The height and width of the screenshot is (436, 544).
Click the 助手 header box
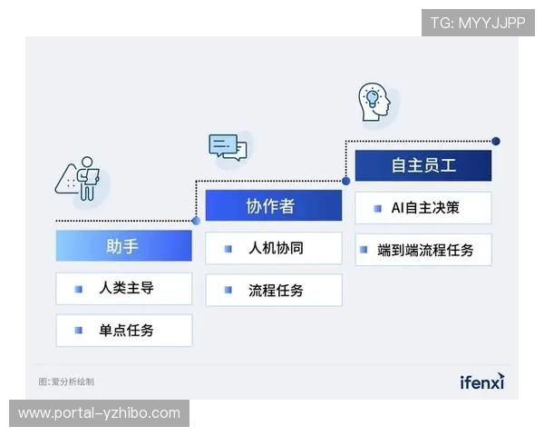pyautogui.click(x=123, y=245)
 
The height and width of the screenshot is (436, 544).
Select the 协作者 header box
pyautogui.click(x=273, y=206)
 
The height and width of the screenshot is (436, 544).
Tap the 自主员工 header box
pyautogui.click(x=423, y=165)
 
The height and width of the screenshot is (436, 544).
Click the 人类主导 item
pyautogui.click(x=123, y=289)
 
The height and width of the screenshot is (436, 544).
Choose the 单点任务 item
pyautogui.click(x=123, y=331)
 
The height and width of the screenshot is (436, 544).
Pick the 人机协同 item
pyautogui.click(x=273, y=248)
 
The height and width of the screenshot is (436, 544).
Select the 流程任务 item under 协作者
pyautogui.click(x=273, y=291)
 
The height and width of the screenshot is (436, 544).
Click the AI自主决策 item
pyautogui.click(x=423, y=208)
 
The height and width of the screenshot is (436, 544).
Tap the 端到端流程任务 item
pyautogui.click(x=423, y=250)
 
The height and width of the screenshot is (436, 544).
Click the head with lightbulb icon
pyautogui.click(x=373, y=102)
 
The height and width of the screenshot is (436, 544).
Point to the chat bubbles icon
pyautogui.click(x=227, y=147)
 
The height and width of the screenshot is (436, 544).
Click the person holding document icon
pyautogui.click(x=81, y=179)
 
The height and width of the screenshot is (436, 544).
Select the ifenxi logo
pyautogui.click(x=481, y=381)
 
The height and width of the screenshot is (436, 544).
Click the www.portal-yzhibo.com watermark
pyautogui.click(x=100, y=413)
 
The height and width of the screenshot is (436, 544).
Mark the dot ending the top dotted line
pyautogui.click(x=496, y=141)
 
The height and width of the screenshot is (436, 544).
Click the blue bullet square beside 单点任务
pyautogui.click(x=79, y=331)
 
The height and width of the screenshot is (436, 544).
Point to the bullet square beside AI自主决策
pyautogui.click(x=377, y=208)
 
